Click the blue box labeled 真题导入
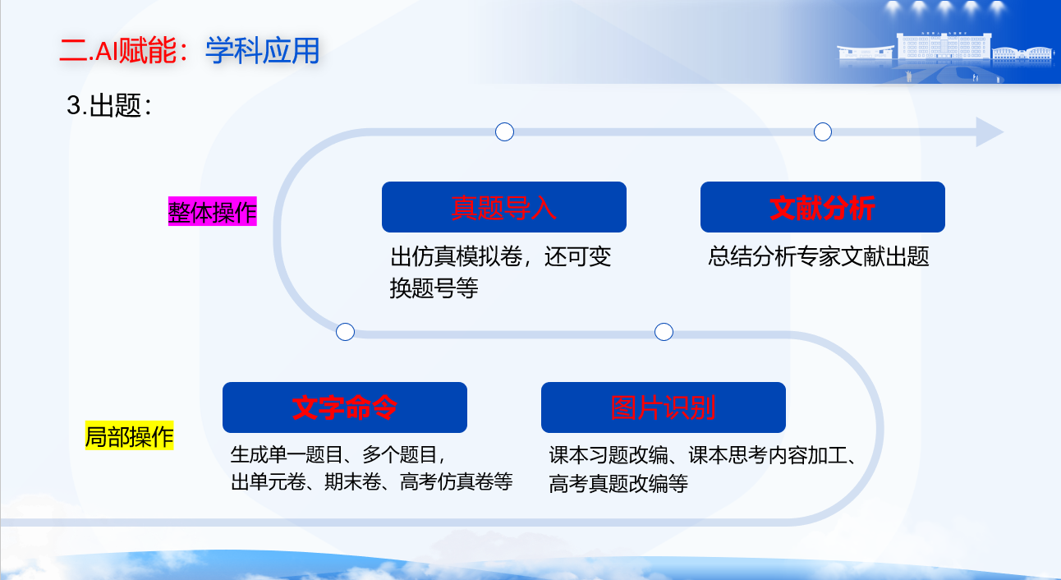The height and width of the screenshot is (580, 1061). click(504, 207)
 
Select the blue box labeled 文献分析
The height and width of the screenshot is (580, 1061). click(823, 207)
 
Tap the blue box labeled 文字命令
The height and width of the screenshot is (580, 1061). click(345, 407)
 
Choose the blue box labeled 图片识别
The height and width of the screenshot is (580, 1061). click(664, 407)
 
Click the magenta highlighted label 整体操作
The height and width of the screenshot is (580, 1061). click(212, 211)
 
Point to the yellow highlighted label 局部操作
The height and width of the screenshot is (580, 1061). click(129, 435)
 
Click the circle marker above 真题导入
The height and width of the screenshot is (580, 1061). click(504, 131)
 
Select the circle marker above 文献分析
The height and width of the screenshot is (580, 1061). click(823, 131)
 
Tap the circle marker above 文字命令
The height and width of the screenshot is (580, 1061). click(345, 332)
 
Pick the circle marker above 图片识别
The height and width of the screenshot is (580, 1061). click(664, 332)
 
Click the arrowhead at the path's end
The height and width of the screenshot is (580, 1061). click(990, 131)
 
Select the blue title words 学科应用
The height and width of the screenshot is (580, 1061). click(263, 51)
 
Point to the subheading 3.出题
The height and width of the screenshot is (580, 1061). click(109, 105)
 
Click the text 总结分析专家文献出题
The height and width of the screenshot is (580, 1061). click(819, 256)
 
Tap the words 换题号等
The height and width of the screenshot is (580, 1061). click(434, 288)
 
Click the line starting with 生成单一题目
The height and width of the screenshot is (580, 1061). click(338, 454)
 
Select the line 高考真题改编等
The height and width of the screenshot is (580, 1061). click(618, 484)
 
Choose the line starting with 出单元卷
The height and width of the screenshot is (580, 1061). click(371, 482)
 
